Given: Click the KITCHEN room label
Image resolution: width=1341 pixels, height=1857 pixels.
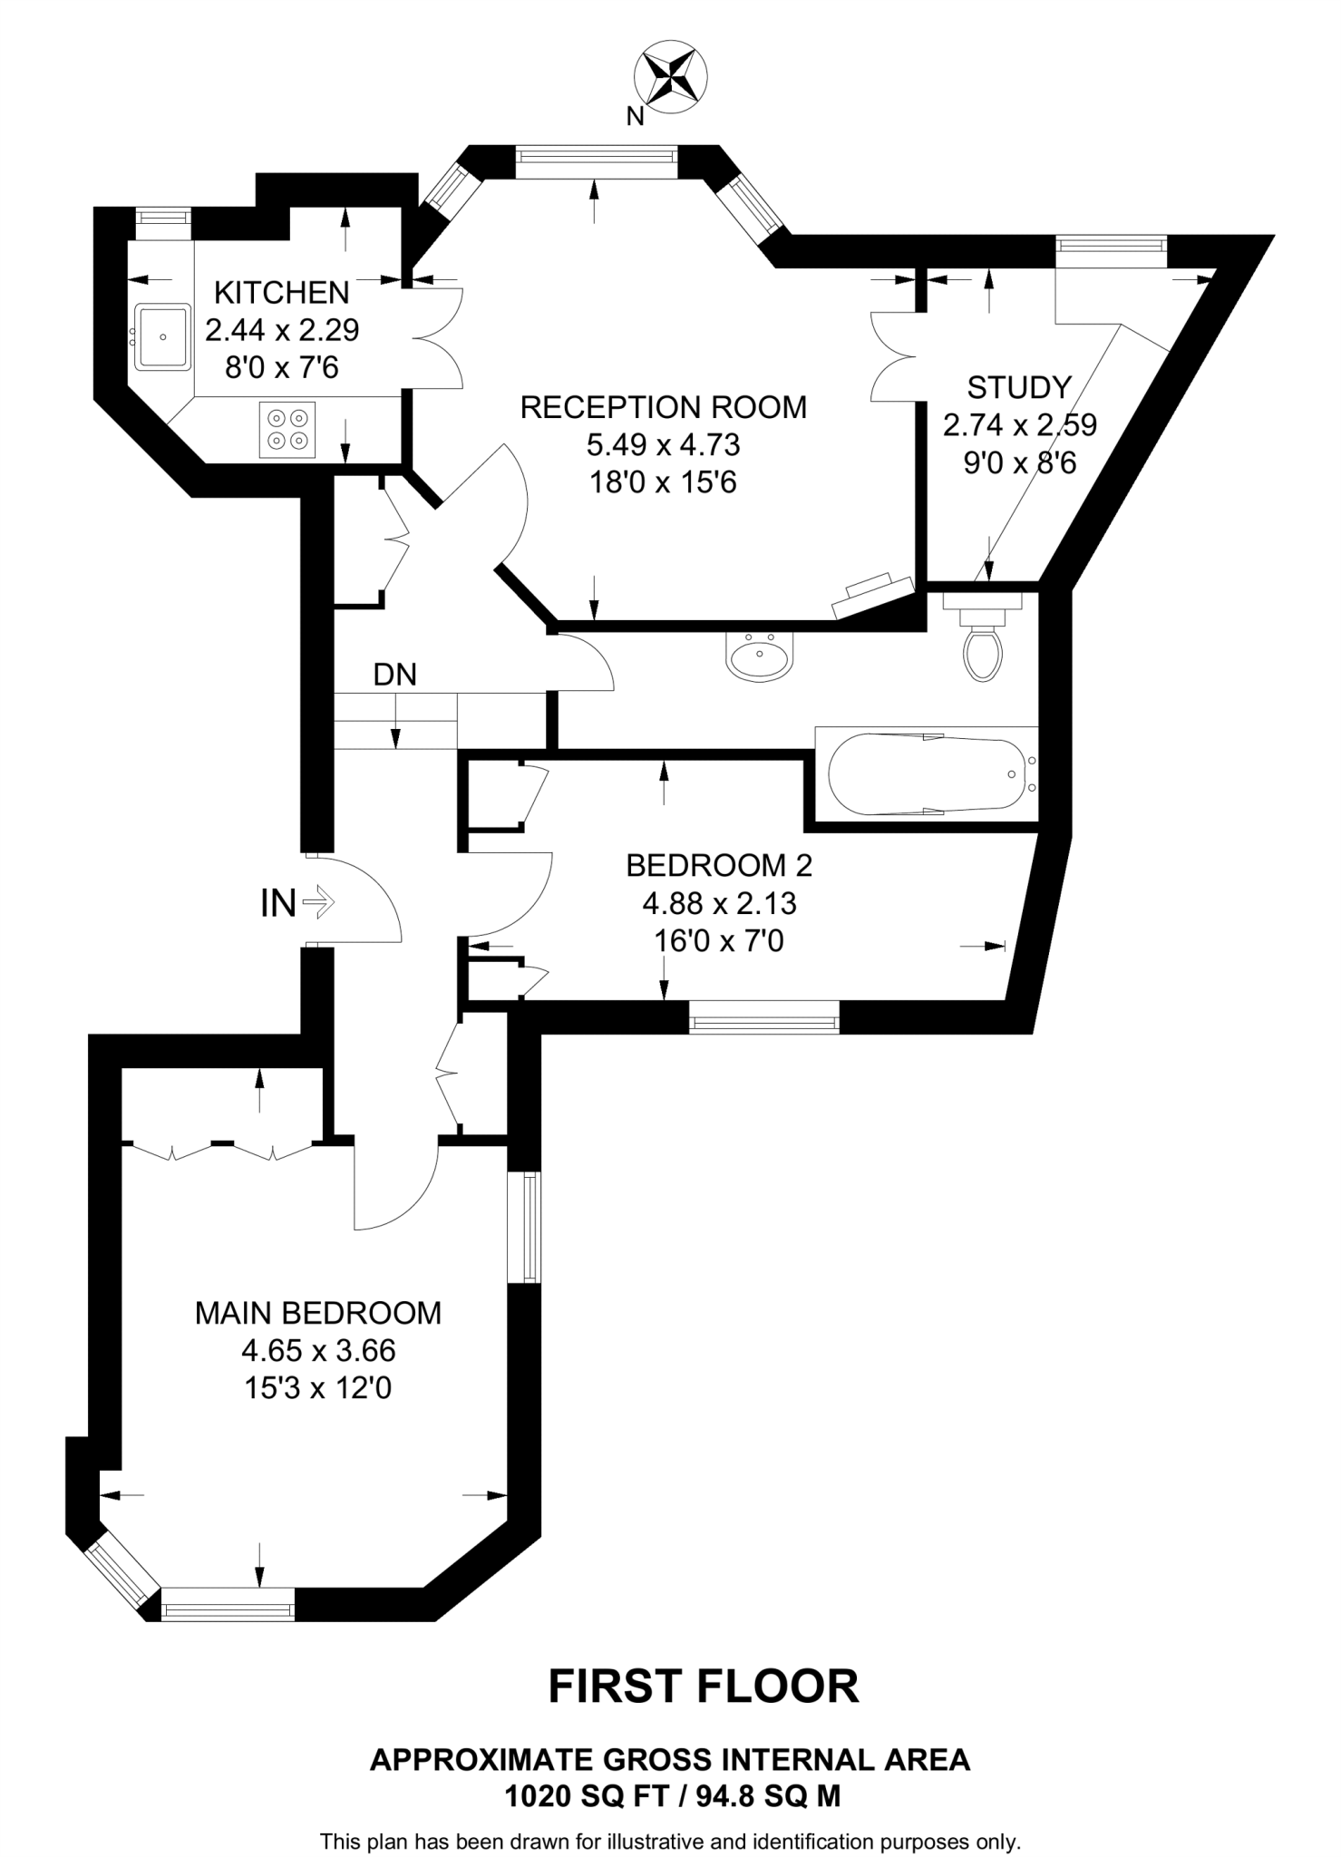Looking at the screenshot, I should click(281, 292).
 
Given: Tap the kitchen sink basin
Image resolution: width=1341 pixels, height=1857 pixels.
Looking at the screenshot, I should click(163, 337).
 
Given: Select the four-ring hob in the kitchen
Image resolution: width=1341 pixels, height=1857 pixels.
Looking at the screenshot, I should click(287, 430).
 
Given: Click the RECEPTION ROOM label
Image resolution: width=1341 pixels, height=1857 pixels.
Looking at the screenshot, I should click(663, 407).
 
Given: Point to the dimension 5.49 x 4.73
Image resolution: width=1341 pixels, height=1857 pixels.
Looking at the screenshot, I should click(663, 444).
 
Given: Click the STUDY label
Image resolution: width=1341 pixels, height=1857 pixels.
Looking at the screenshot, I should click(1019, 387).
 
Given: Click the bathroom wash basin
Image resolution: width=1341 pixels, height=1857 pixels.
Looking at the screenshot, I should click(760, 656).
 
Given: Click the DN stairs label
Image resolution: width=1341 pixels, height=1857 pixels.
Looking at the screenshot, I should click(395, 674).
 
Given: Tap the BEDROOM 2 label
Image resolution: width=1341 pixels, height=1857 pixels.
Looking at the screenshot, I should click(719, 865).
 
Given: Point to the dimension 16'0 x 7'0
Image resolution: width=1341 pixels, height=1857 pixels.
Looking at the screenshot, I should click(719, 941).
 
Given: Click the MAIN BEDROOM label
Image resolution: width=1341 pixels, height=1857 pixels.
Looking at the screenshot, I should click(318, 1313).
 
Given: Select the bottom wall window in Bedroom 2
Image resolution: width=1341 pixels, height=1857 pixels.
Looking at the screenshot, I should click(764, 1016).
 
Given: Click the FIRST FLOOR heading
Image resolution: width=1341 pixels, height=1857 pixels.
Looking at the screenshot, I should click(703, 1687).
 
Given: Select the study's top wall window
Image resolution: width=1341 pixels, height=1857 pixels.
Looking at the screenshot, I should click(1112, 245).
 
